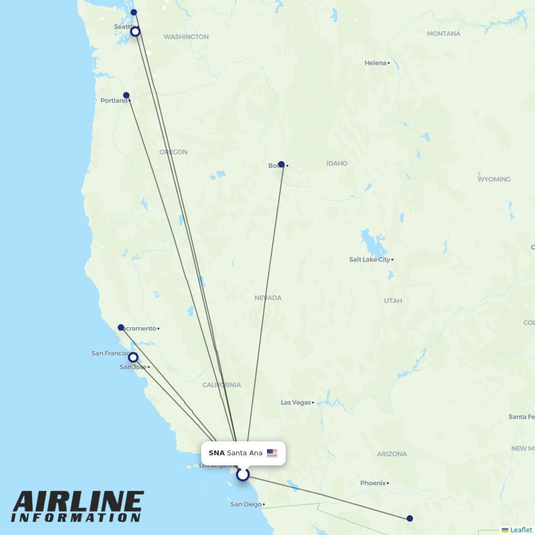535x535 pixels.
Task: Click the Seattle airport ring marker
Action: pos(135,32)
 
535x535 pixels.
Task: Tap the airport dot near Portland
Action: pos(126,95)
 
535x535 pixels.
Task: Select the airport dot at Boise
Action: pos(281,164)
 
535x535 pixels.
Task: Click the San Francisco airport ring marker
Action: pos(133,357)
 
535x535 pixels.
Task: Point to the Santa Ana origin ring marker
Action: pos(243,475)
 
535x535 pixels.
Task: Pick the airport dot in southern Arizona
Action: pos(410,518)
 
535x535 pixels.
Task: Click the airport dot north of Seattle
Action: pos(134,12)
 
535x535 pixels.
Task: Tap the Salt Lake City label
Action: pos(370,259)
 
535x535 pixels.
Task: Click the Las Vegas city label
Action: pos(296,402)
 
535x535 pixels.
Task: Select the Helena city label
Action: pos(376,63)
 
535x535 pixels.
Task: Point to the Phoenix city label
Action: pos(373,483)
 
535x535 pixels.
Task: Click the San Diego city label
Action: pos(246,504)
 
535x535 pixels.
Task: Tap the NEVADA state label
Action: pos(268,297)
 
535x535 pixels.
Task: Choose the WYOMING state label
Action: pos(494,179)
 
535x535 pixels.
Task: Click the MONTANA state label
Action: pos(444,34)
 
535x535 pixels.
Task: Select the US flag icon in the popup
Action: pos(272,453)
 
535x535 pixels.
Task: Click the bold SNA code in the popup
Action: pos(217,453)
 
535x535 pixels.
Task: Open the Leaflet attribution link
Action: pos(521,530)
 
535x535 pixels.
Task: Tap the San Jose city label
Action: pos(133,367)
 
